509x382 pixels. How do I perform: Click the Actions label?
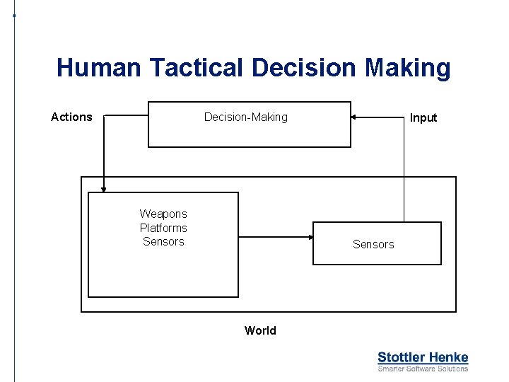[x=71, y=117]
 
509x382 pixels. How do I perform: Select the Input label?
[x=423, y=117]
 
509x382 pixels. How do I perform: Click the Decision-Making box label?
[x=246, y=117]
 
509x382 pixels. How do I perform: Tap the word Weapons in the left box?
[x=163, y=214]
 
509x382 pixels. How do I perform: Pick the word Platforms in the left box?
[x=163, y=228]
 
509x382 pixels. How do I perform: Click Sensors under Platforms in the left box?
[x=163, y=241]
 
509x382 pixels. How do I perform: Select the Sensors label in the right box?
[x=373, y=244]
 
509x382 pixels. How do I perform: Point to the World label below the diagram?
[x=260, y=330]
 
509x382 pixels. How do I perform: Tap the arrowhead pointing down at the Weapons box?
[x=103, y=188]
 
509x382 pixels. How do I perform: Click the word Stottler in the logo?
[x=399, y=357]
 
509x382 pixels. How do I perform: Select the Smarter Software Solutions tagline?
[x=423, y=369]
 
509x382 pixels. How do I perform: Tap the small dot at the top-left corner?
[x=14, y=13]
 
